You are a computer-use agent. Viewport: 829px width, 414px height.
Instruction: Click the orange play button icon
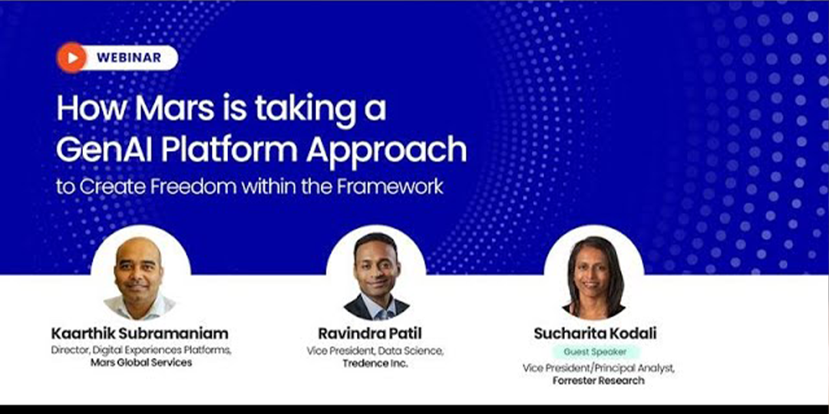pos(71,58)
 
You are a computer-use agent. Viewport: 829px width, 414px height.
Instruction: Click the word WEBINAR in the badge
pos(129,58)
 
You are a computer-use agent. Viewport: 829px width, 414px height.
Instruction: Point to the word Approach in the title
pos(386,152)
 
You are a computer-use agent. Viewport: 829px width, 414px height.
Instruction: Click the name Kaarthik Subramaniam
pos(140,333)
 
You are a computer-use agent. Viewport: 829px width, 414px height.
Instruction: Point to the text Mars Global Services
pos(141,363)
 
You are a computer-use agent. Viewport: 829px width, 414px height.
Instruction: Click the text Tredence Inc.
pos(375,363)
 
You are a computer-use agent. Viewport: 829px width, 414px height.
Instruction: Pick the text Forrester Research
pos(599,379)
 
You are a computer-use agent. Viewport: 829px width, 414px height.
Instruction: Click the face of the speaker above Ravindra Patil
pos(376,268)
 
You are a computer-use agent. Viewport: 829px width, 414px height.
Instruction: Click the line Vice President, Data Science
pos(375,350)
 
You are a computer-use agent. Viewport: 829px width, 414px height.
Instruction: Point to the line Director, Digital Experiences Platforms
pos(141,350)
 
